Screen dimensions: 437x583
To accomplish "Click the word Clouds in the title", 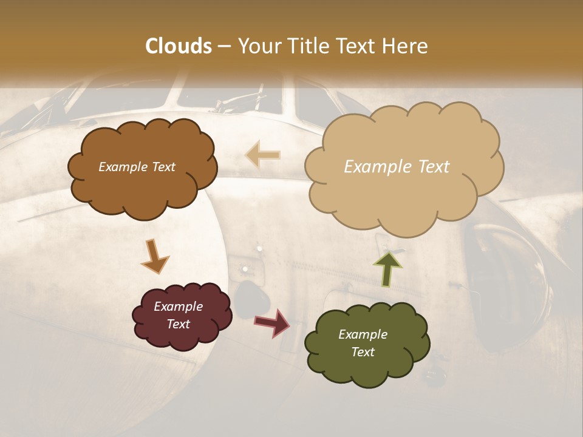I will click(x=179, y=46).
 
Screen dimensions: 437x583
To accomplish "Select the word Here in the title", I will click(x=404, y=46).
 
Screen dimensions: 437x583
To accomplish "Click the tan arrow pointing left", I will click(x=262, y=155).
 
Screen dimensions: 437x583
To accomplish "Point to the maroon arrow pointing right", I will click(x=272, y=322).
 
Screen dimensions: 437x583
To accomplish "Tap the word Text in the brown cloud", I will click(x=163, y=167).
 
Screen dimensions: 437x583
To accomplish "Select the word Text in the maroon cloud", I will click(x=179, y=324).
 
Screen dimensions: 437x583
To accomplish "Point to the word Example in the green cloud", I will click(x=363, y=334).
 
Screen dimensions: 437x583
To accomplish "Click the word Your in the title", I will click(x=258, y=46).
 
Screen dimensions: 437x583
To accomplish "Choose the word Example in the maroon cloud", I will click(x=179, y=307).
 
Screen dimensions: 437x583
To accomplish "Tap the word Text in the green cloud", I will click(x=363, y=352).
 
